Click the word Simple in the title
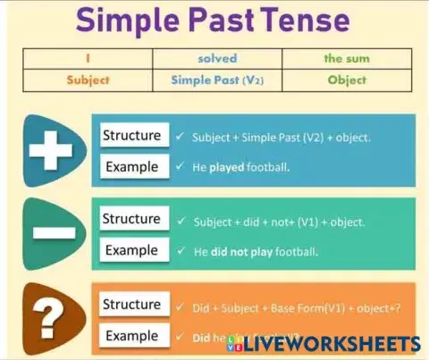pyautogui.click(x=136, y=21)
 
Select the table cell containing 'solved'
pyautogui.click(x=217, y=59)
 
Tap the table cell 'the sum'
pyautogui.click(x=346, y=59)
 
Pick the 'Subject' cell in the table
pyautogui.click(x=88, y=80)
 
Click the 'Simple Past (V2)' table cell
pyautogui.click(x=217, y=80)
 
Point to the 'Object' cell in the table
pyautogui.click(x=346, y=80)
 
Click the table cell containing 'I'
pyautogui.click(x=88, y=59)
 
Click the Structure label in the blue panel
pyautogui.click(x=131, y=136)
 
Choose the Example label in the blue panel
pyautogui.click(x=131, y=166)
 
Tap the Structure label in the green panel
pyautogui.click(x=131, y=219)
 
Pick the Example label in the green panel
pyautogui.click(x=131, y=249)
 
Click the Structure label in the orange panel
pyautogui.click(x=131, y=305)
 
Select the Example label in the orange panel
pyautogui.click(x=131, y=335)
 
